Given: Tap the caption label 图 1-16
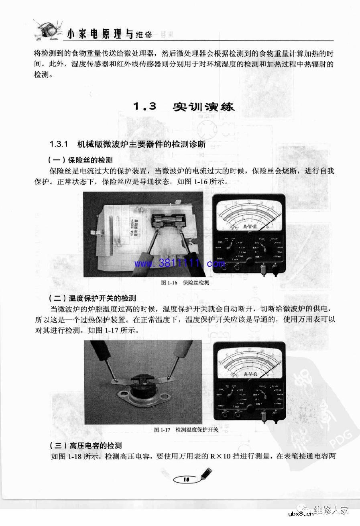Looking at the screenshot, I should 169,283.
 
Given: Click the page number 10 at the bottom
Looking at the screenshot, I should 186,479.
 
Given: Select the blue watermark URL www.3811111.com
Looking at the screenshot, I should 179,264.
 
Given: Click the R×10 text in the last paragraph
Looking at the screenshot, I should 219,457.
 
